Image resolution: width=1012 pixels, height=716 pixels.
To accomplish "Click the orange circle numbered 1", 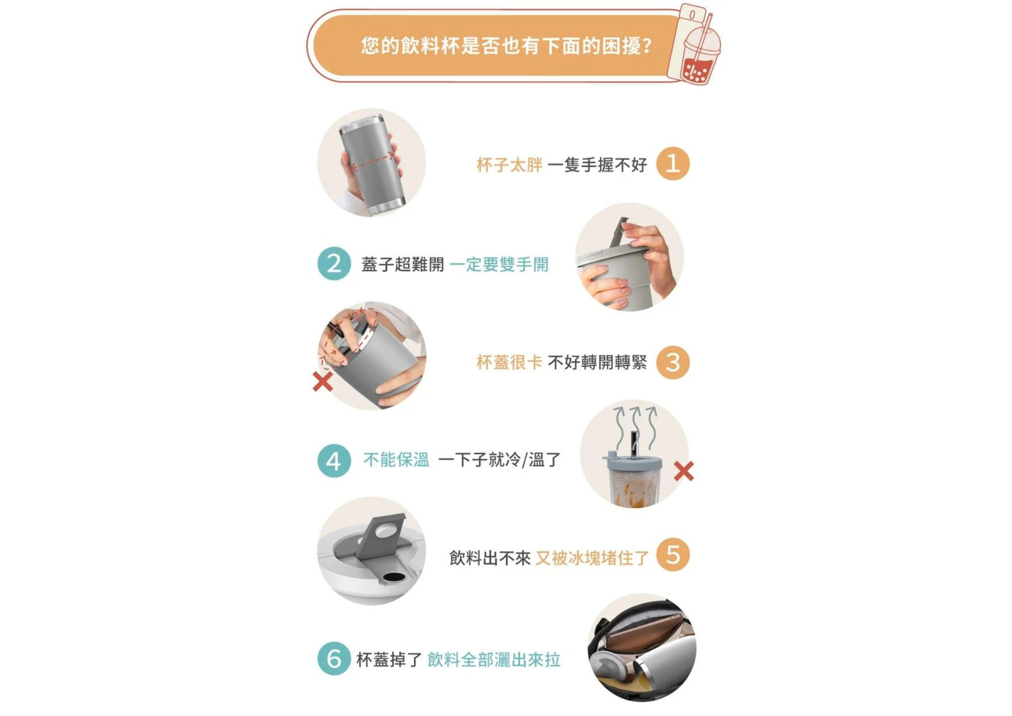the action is click(x=672, y=164).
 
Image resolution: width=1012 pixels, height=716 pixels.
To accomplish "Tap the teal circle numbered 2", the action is click(x=334, y=263).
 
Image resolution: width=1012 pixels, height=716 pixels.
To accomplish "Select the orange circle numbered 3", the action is click(x=672, y=362).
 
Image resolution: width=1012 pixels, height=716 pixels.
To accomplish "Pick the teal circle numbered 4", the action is click(x=334, y=461).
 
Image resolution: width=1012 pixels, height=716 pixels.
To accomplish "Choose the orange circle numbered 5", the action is click(x=672, y=554).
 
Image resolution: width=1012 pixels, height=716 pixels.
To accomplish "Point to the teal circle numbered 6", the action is click(x=334, y=658).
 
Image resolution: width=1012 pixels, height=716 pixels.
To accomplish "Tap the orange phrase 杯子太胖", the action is click(x=509, y=165).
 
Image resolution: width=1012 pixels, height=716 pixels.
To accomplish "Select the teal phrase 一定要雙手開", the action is click(x=499, y=264).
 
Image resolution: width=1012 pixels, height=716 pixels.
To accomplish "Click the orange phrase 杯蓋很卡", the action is click(x=509, y=362).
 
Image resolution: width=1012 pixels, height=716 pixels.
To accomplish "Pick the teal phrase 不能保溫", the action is click(x=396, y=460).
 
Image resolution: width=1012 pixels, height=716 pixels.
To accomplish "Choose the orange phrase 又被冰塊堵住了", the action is click(x=592, y=558).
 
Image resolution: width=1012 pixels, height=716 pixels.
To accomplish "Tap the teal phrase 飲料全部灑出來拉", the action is click(x=494, y=660).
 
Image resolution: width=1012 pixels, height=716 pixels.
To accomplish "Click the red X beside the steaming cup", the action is click(x=684, y=471).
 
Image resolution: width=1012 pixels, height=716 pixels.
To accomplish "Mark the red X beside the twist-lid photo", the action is click(x=323, y=382).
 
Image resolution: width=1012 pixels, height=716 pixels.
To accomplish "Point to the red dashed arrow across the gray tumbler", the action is click(x=373, y=161).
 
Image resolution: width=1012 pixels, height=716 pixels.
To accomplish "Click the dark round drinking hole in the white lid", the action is click(x=391, y=577).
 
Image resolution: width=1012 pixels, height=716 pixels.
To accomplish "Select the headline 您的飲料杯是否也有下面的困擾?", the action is click(x=507, y=46).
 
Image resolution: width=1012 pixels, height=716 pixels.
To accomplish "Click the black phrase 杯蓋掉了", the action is click(x=389, y=660).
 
